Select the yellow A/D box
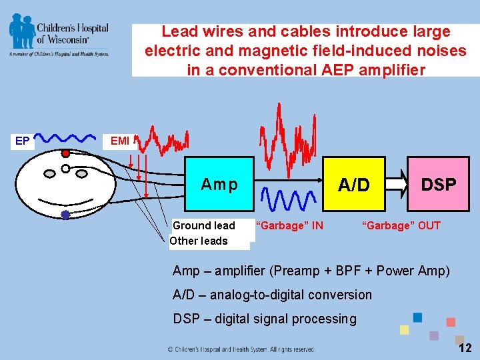[x=353, y=184]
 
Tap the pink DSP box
[x=438, y=184]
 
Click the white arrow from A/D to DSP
[x=397, y=183]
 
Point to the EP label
[x=23, y=141]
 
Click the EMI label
[x=120, y=141]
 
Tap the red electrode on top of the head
[x=65, y=153]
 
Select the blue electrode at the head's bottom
[x=65, y=215]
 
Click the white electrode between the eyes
[x=65, y=168]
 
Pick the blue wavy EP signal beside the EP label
[x=65, y=138]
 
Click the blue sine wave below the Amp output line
[x=289, y=199]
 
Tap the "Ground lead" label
[x=204, y=225]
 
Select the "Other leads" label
[x=199, y=241]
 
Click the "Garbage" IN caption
[x=289, y=225]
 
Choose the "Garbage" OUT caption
[x=401, y=225]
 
